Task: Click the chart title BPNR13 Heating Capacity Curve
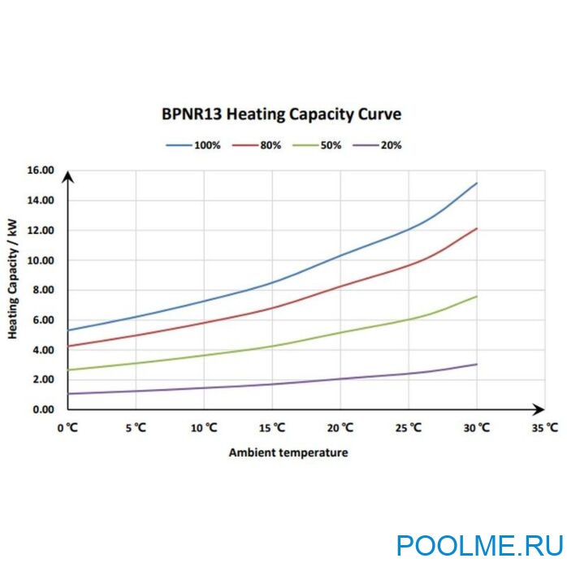pyautogui.click(x=281, y=114)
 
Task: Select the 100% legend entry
pyautogui.click(x=192, y=145)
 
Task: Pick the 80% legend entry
pyautogui.click(x=259, y=145)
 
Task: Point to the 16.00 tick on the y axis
pyautogui.click(x=40, y=171)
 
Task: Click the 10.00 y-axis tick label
pyautogui.click(x=40, y=260)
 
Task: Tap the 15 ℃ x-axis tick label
pyautogui.click(x=272, y=426)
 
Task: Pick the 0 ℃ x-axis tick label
pyautogui.click(x=67, y=426)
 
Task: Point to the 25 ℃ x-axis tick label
pyautogui.click(x=409, y=426)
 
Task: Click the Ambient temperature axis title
pyautogui.click(x=288, y=452)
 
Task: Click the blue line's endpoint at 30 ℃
pyautogui.click(x=477, y=184)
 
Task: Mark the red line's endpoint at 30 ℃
pyautogui.click(x=477, y=229)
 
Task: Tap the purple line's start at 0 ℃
pyautogui.click(x=69, y=394)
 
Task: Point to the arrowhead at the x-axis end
pyautogui.click(x=539, y=409)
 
